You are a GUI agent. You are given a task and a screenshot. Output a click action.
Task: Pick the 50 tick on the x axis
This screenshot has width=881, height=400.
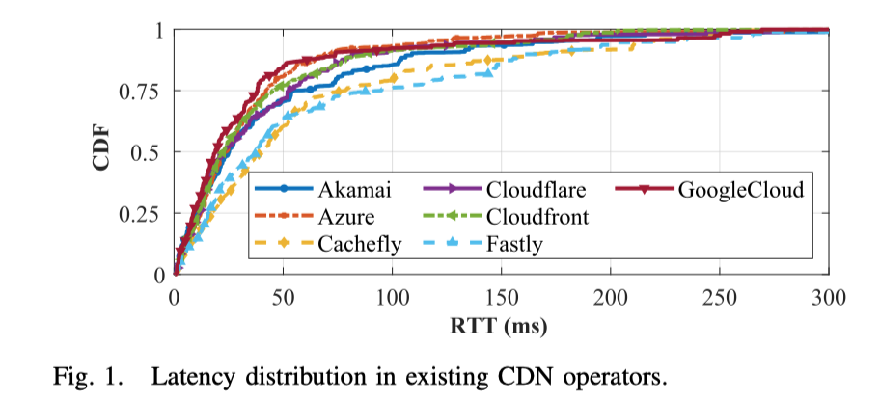[284, 295]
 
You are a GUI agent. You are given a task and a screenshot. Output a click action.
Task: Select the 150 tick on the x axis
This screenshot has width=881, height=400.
[502, 295]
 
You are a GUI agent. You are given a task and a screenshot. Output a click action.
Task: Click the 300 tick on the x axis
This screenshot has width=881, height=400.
[829, 295]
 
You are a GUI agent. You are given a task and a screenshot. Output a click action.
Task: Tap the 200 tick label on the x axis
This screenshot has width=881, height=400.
[611, 295]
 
